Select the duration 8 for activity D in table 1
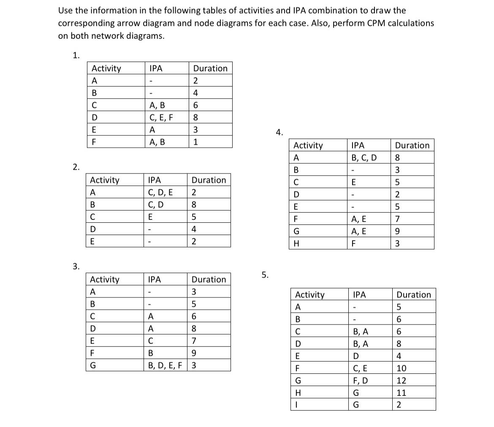(x=196, y=117)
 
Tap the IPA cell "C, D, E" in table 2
(x=160, y=192)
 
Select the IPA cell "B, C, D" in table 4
(x=364, y=158)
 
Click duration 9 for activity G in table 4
(x=397, y=231)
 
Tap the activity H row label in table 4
(x=296, y=244)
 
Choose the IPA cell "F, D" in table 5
(x=359, y=381)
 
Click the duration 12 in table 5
(x=402, y=381)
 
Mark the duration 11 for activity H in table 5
(x=402, y=393)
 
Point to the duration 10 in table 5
(x=402, y=368)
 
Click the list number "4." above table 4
(x=279, y=132)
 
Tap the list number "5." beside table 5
(x=265, y=275)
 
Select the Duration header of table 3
(x=209, y=279)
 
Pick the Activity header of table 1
(x=106, y=68)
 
